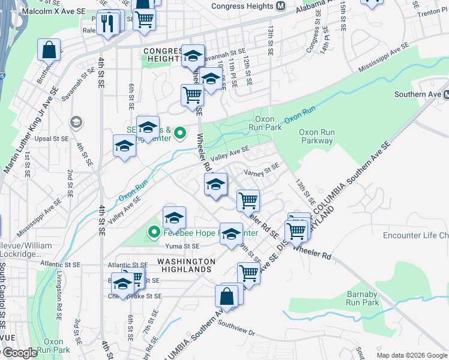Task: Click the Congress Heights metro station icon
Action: (280, 6)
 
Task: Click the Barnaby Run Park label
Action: (363, 298)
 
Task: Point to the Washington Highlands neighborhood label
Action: (186, 266)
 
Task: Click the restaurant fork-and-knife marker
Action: (107, 23)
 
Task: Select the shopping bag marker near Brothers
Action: (49, 50)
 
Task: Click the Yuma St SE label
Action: (184, 246)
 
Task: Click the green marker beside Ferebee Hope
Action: (154, 232)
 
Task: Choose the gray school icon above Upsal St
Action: (76, 122)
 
